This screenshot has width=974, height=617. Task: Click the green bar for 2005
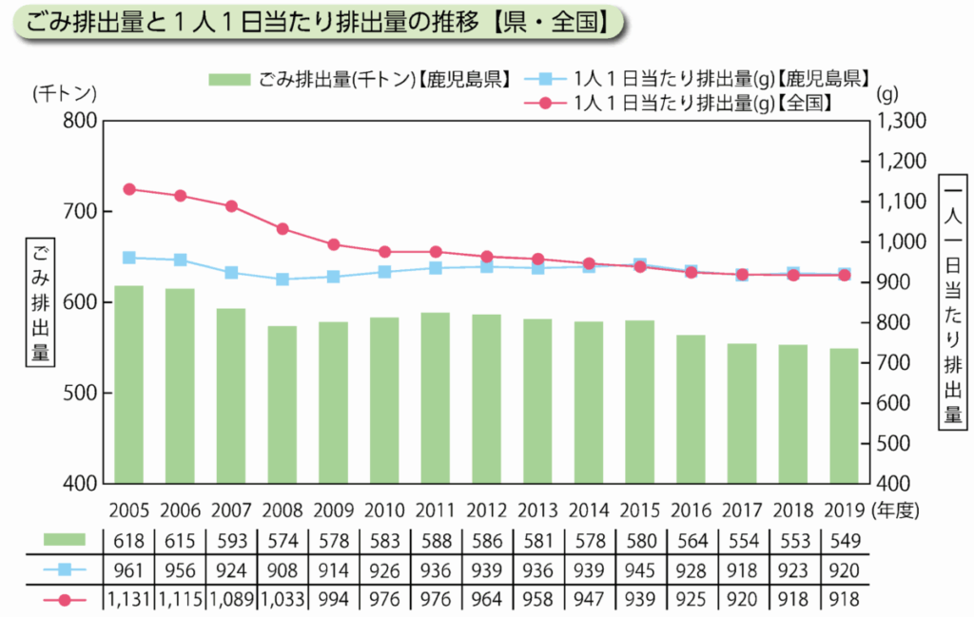pos(129,384)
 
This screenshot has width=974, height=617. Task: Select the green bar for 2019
pos(844,415)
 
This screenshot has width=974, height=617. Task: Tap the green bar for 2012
pos(486,398)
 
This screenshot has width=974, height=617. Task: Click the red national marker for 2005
pos(129,189)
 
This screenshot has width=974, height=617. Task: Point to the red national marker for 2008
pos(282,229)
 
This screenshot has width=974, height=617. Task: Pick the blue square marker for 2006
pos(181,260)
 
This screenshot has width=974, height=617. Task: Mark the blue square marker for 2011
pos(436,268)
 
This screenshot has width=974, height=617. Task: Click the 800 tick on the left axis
pos(81,121)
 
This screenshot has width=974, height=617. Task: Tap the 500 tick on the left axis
pos(81,393)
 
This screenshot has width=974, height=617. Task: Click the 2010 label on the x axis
pos(384,511)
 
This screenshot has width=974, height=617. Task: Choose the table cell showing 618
pos(129,542)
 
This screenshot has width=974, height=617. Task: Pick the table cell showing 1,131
pos(129,600)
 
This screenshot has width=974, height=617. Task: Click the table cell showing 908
pos(282,570)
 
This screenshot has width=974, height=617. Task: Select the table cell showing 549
pos(844,542)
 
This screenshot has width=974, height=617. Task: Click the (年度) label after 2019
pos(898,511)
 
